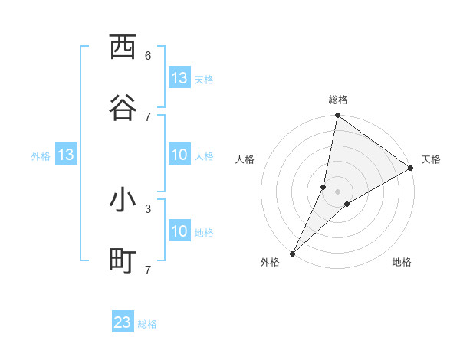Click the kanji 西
(123, 47)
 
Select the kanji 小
(123, 200)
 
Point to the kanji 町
(123, 261)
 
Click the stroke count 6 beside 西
(148, 55)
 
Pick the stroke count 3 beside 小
(148, 208)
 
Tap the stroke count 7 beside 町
(148, 269)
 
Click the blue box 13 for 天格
(179, 78)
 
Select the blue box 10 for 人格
(179, 155)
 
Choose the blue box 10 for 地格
(179, 231)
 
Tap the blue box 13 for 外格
(65, 155)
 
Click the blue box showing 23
(123, 322)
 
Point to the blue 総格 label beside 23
(148, 324)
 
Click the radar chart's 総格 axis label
(337, 100)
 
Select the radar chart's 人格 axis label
(245, 159)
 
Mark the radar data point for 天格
(411, 169)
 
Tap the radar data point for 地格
(347, 204)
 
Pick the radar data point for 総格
(337, 116)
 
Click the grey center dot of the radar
(337, 191)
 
